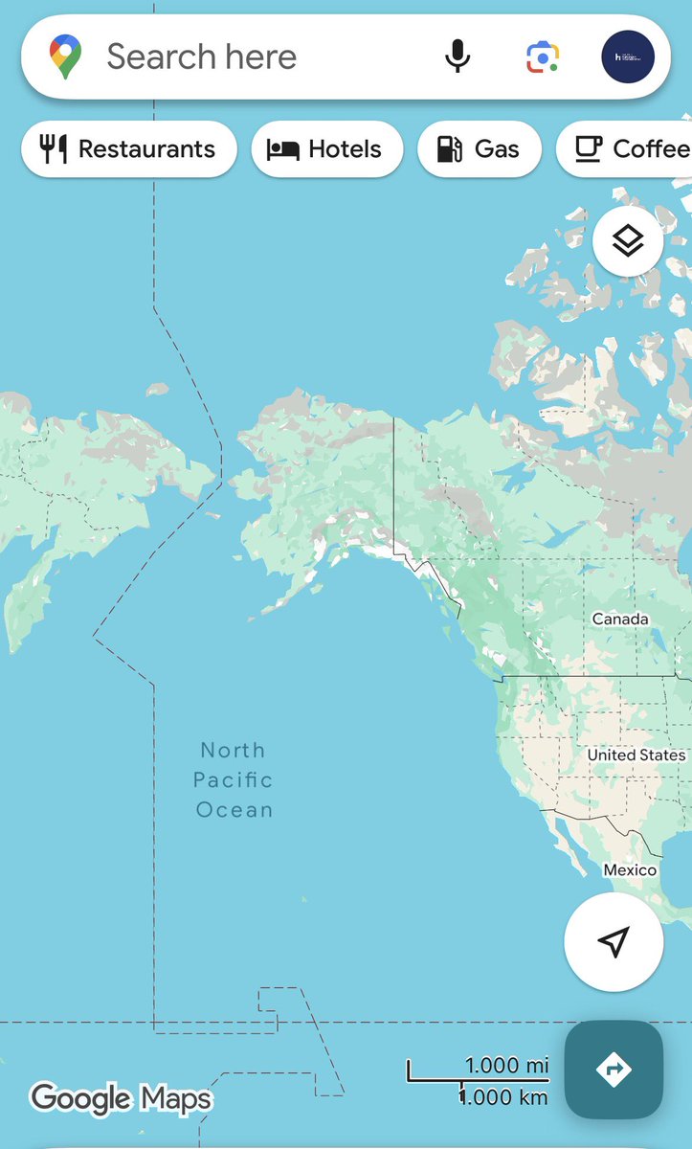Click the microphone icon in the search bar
pyautogui.click(x=458, y=57)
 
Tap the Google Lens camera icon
pyautogui.click(x=542, y=57)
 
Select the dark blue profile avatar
pyautogui.click(x=628, y=57)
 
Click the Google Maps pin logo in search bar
pyautogui.click(x=66, y=56)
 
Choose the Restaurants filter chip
pyautogui.click(x=128, y=149)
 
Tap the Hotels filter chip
pyautogui.click(x=325, y=149)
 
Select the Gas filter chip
pyautogui.click(x=479, y=149)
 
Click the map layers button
pyautogui.click(x=628, y=241)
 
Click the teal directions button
pyautogui.click(x=614, y=1069)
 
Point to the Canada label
pyautogui.click(x=620, y=620)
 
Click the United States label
pyautogui.click(x=636, y=755)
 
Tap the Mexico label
pyautogui.click(x=630, y=869)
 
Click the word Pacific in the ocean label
pyautogui.click(x=234, y=780)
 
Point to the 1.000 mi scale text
pyautogui.click(x=506, y=1065)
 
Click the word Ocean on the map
pyautogui.click(x=234, y=810)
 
